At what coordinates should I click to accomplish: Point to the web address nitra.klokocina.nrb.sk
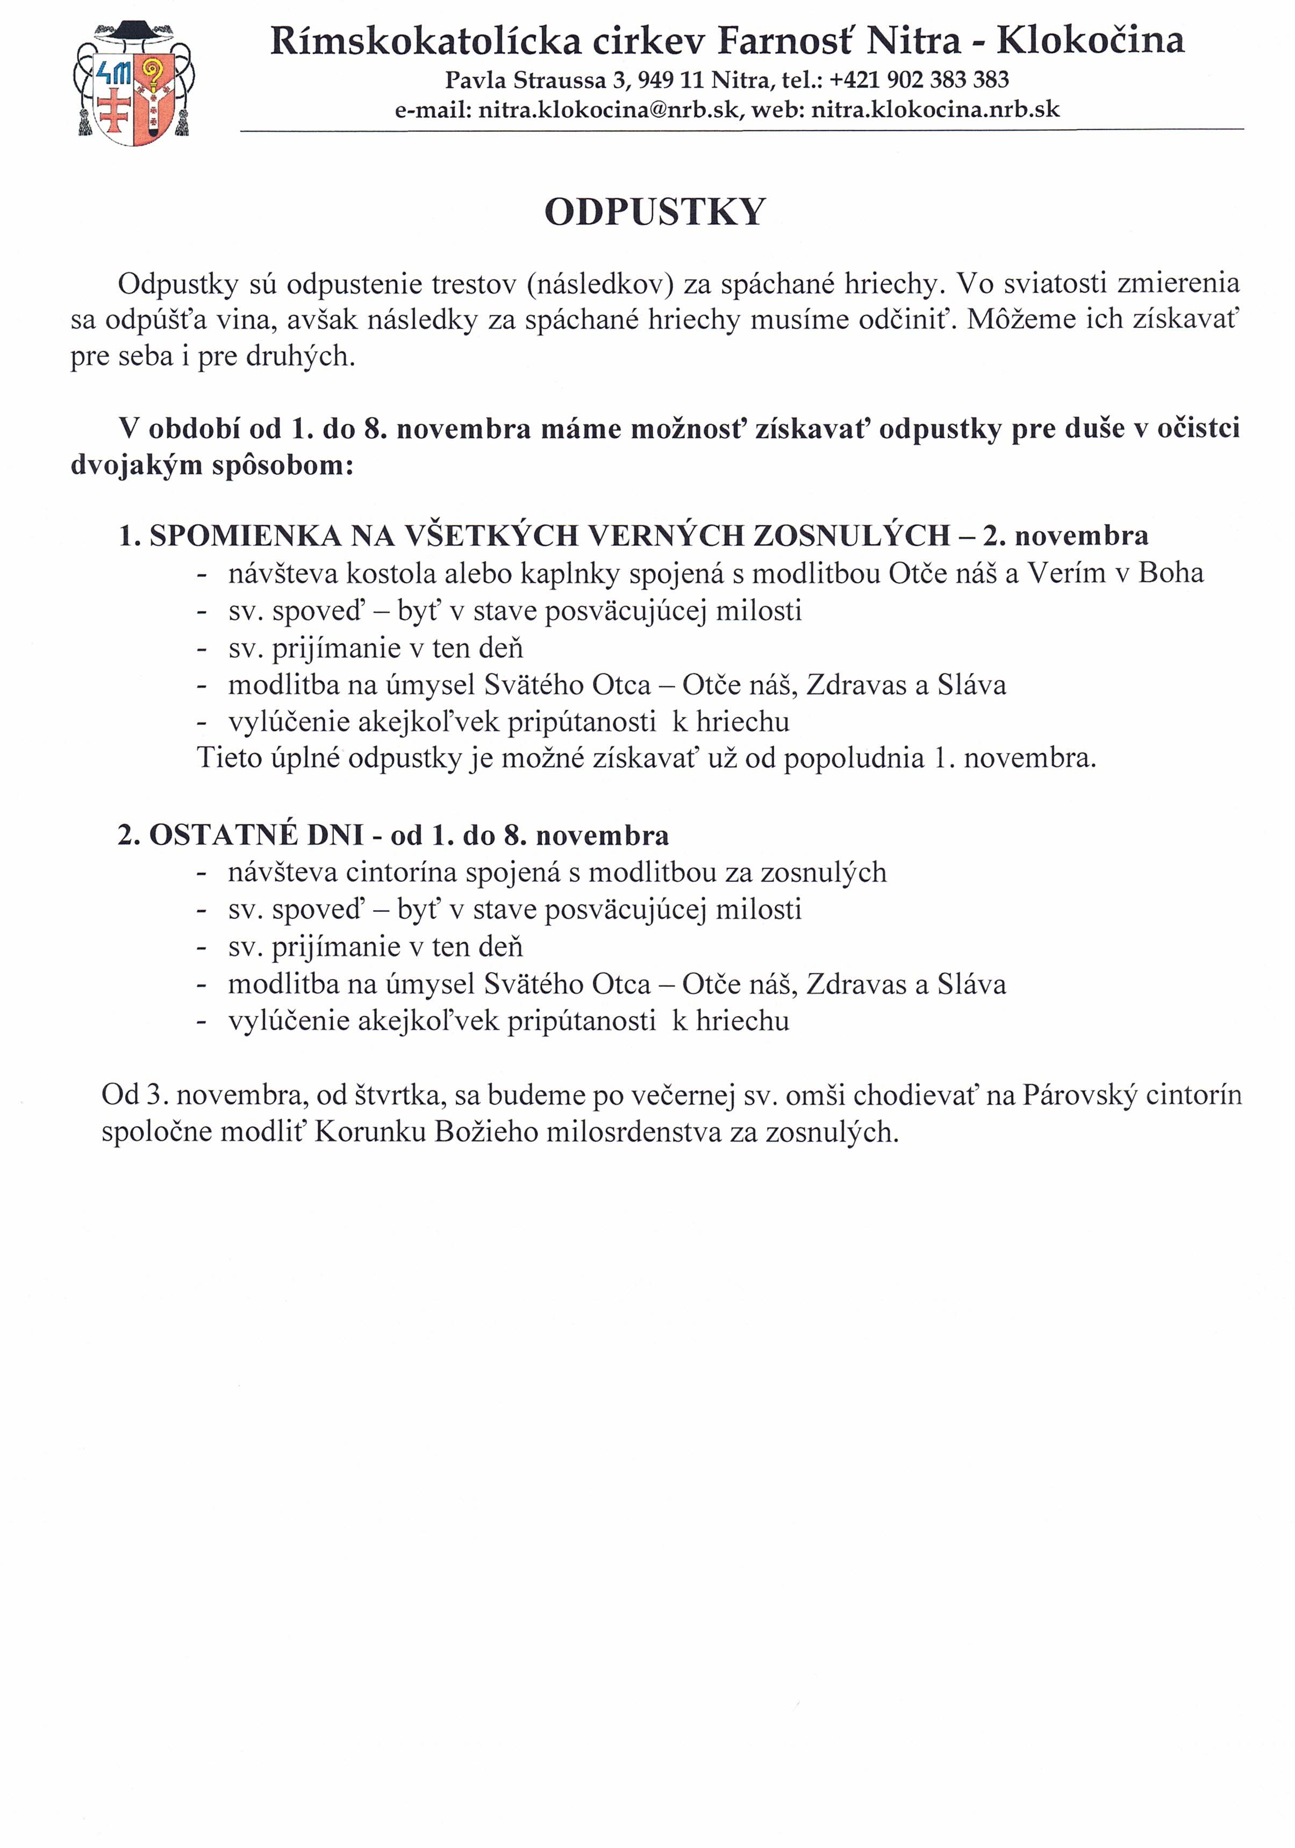point(935,110)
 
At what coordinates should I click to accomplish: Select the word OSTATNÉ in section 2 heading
point(221,836)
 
